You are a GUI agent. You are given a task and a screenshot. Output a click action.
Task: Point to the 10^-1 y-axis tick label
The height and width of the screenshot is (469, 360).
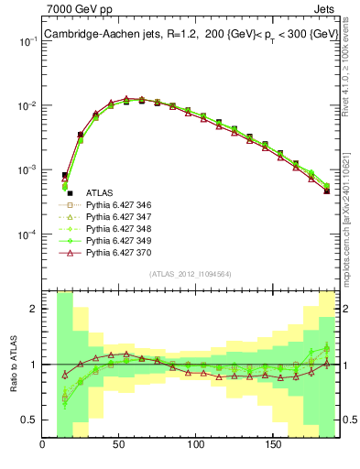tap(26, 42)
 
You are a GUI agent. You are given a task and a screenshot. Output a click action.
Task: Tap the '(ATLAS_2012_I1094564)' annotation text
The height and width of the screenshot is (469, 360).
tap(190, 272)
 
